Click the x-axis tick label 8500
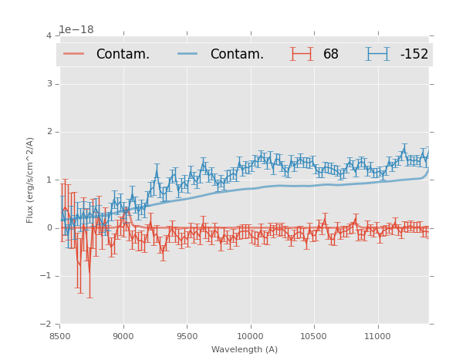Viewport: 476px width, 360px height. (x=59, y=337)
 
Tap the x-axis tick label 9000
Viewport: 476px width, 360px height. (x=123, y=337)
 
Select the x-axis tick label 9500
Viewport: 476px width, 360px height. (x=187, y=337)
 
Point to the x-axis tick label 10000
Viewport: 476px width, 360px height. (x=250, y=337)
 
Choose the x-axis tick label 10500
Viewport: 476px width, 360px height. (x=314, y=337)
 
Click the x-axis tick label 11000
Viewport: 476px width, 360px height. (x=377, y=337)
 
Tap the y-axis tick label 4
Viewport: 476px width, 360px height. (x=49, y=35)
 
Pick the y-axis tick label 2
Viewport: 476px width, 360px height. (x=49, y=132)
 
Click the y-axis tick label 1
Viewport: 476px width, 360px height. (x=49, y=180)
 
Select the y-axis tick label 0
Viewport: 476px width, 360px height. (x=49, y=228)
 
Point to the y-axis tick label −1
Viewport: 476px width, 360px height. (x=46, y=276)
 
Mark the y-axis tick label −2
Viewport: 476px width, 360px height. (x=46, y=325)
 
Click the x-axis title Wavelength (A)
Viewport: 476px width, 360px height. (x=245, y=350)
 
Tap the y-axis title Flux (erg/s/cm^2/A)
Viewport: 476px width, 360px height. (x=31, y=180)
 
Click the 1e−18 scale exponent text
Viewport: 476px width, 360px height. (x=76, y=29)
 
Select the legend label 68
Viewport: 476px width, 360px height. (x=331, y=55)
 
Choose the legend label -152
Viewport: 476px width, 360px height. (x=414, y=55)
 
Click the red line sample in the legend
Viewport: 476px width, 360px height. (x=74, y=54)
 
